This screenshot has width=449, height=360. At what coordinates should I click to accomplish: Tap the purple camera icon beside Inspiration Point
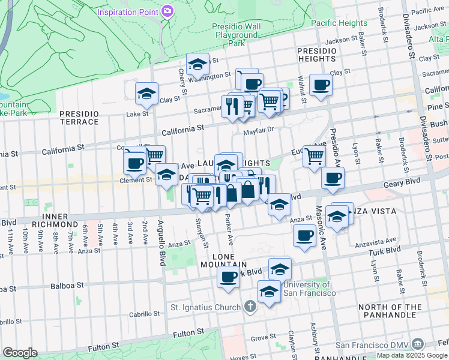pyautogui.click(x=167, y=11)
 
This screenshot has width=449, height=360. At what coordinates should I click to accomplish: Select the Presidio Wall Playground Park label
pyautogui.click(x=237, y=35)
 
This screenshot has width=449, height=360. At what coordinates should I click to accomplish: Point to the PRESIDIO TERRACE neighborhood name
pyautogui.click(x=79, y=118)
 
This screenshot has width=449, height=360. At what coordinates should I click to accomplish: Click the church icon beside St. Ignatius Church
pyautogui.click(x=251, y=307)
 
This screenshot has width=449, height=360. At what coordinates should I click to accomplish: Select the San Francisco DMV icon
pyautogui.click(x=418, y=344)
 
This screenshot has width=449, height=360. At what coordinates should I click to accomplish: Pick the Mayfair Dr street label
pyautogui.click(x=258, y=129)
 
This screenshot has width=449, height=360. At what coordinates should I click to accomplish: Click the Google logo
pyautogui.click(x=20, y=353)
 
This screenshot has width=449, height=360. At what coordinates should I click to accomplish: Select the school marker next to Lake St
pyautogui.click(x=146, y=94)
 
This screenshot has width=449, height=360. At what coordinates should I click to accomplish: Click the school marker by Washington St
pyautogui.click(x=197, y=64)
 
